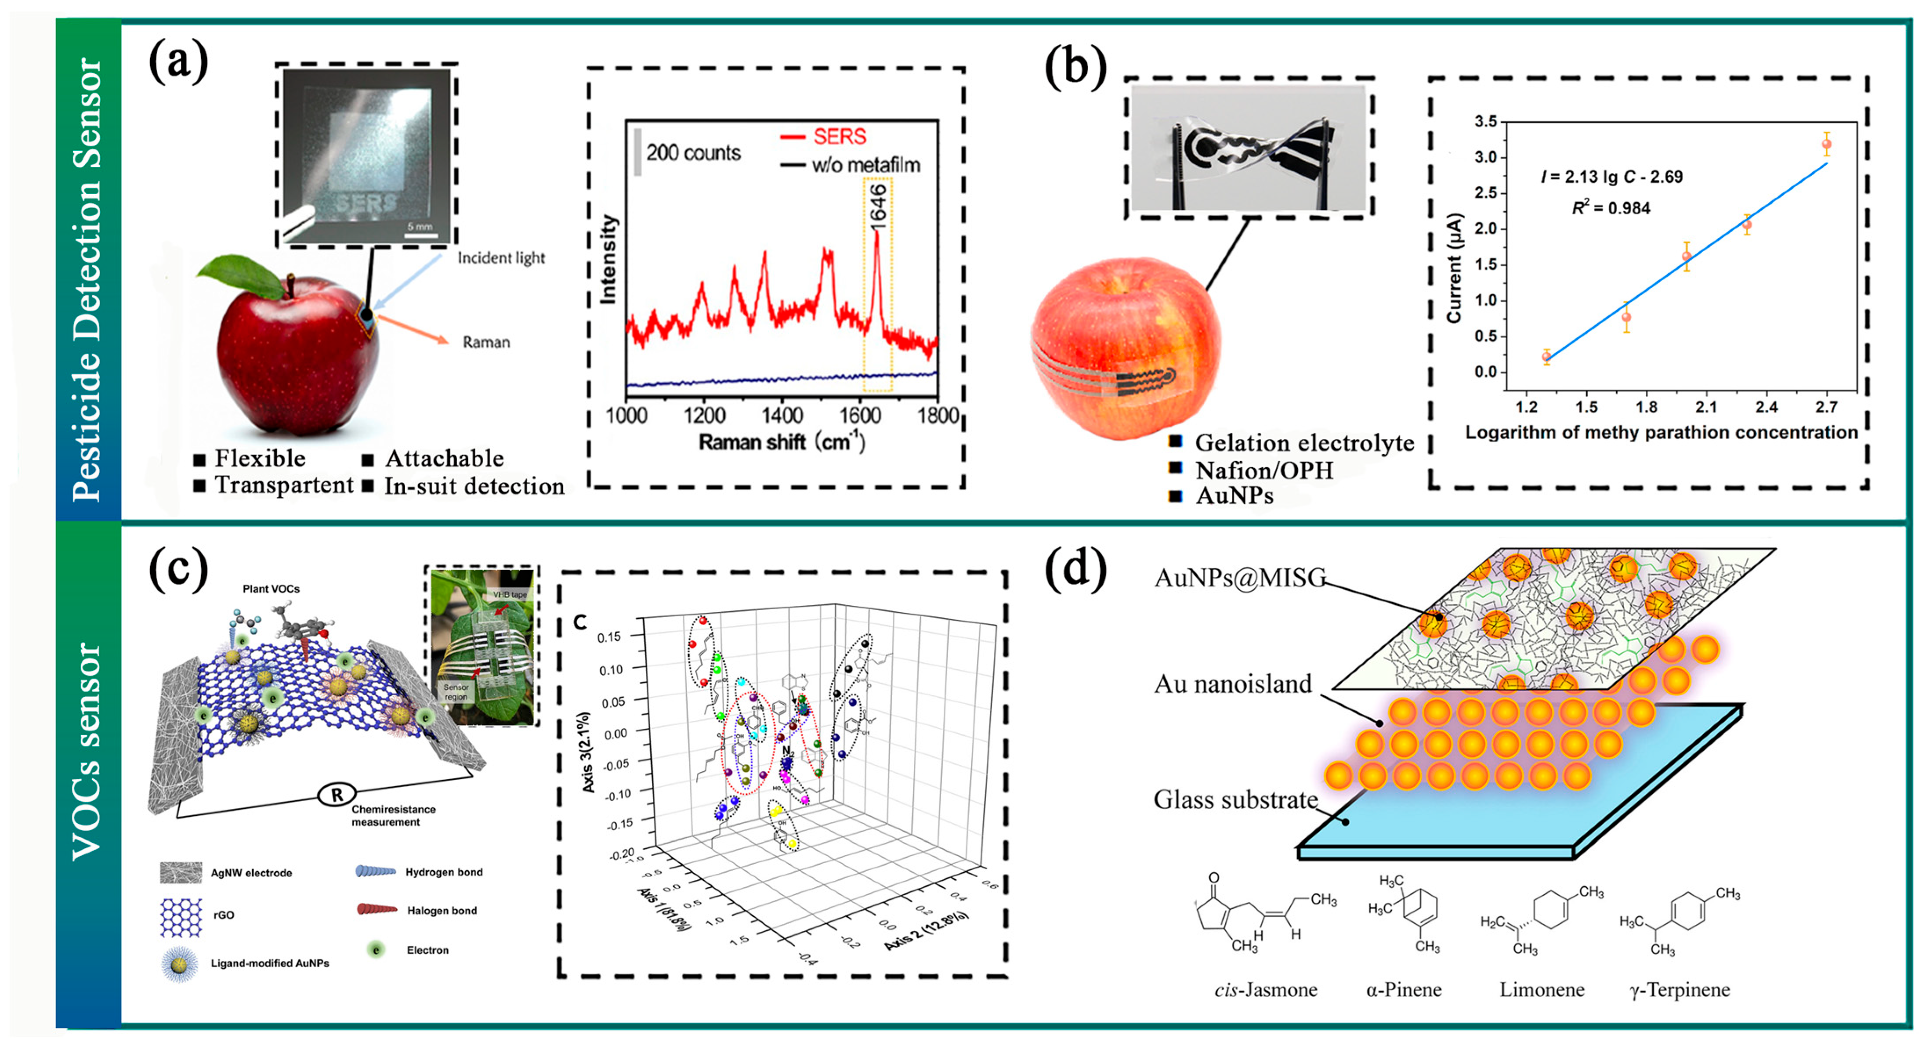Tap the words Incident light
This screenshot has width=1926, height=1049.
click(501, 258)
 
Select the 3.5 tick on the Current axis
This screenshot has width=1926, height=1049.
click(1486, 121)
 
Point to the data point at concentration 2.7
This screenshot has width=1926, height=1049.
click(1827, 144)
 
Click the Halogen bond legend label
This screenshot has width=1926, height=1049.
click(442, 911)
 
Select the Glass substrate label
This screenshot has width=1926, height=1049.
click(1235, 799)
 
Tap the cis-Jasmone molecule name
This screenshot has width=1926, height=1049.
click(1265, 990)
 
